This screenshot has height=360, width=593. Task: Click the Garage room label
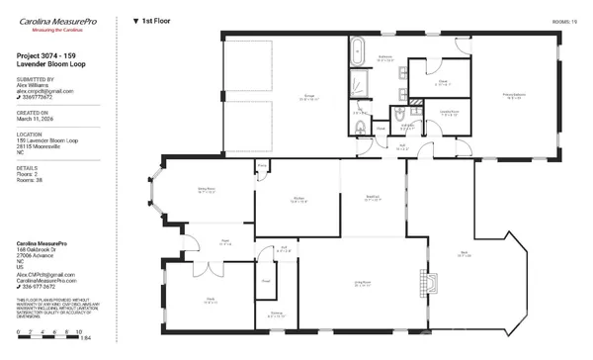[x=282, y=97]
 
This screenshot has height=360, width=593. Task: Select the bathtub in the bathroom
[x=358, y=46]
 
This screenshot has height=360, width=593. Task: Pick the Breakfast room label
[x=373, y=198]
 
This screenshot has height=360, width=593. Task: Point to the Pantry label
[x=263, y=165]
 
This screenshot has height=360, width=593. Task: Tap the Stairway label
[x=276, y=314]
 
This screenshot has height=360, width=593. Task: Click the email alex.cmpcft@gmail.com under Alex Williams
[x=45, y=92]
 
